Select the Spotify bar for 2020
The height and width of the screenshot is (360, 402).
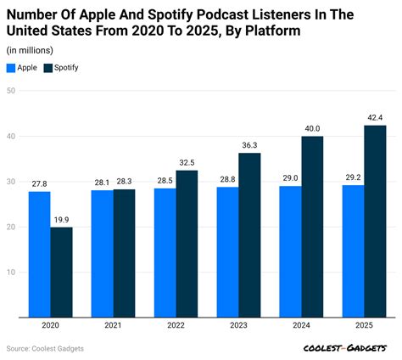coord(61,273)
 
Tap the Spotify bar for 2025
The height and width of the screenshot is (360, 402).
coord(375,222)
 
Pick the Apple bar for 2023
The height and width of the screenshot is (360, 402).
coord(227,252)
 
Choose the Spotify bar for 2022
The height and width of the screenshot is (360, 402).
coord(187,244)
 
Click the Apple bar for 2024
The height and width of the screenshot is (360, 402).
coord(290,252)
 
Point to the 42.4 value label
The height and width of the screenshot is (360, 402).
coord(375,116)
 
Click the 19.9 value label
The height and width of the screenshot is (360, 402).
coord(61,218)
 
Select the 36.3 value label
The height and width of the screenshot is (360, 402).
coord(249,144)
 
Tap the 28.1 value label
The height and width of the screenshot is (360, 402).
coord(102,181)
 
